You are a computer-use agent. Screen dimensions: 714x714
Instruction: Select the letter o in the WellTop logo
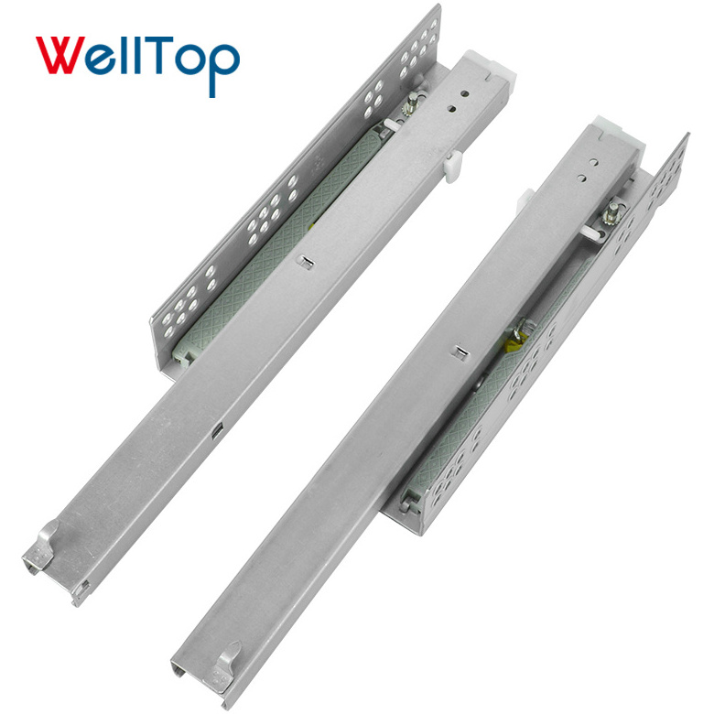(190, 59)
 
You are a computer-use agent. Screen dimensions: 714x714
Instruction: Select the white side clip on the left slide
(453, 167)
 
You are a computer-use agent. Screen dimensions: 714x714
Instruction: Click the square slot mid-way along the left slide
(305, 262)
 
